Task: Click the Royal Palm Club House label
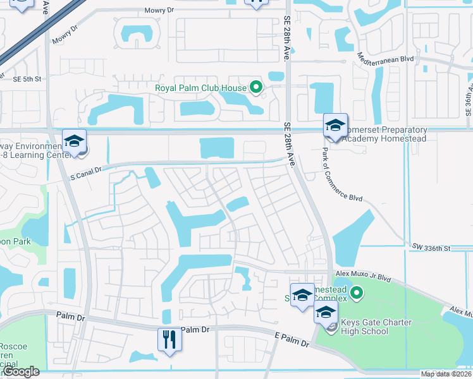tap(200, 87)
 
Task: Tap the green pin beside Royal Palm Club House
tap(256, 87)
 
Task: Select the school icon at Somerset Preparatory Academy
tap(336, 125)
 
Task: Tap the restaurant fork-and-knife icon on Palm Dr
tap(169, 339)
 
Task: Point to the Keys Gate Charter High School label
tap(376, 327)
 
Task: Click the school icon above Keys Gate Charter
tap(326, 311)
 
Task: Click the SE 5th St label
tap(27, 79)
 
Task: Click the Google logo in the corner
tap(21, 372)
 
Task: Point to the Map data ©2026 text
tap(445, 374)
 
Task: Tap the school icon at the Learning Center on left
tap(75, 140)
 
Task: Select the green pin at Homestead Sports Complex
tap(357, 292)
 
